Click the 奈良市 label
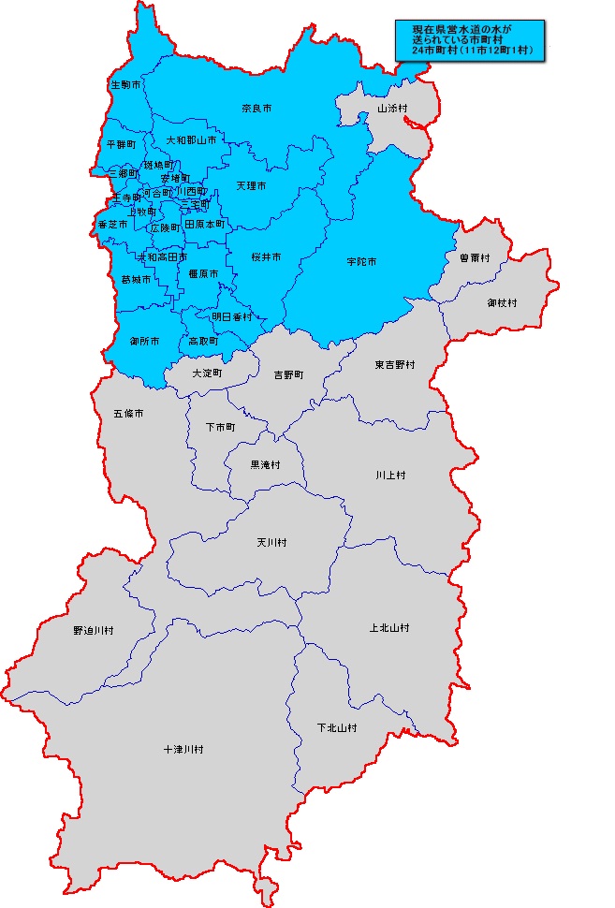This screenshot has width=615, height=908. pyautogui.click(x=256, y=110)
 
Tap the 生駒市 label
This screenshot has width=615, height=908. pyautogui.click(x=125, y=85)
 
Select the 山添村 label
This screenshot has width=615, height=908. pyautogui.click(x=392, y=109)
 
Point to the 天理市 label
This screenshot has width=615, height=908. pyautogui.click(x=251, y=186)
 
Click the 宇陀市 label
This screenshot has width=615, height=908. pyautogui.click(x=360, y=262)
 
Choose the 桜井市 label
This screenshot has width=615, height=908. pyautogui.click(x=266, y=256)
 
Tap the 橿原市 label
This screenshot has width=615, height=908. pyautogui.click(x=203, y=273)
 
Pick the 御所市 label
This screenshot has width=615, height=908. pyautogui.click(x=144, y=341)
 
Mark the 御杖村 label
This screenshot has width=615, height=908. pyautogui.click(x=502, y=302)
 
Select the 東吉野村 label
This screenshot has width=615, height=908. pyautogui.click(x=395, y=364)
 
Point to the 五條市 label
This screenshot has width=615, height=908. pyautogui.click(x=128, y=413)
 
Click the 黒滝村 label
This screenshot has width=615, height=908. pyautogui.click(x=265, y=464)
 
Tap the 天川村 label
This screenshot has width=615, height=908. pyautogui.click(x=271, y=542)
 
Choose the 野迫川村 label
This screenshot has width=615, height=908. pyautogui.click(x=93, y=631)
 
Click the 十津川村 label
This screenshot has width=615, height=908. pyautogui.click(x=183, y=750)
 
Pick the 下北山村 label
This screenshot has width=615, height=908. pyautogui.click(x=337, y=727)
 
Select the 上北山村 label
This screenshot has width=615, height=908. pyautogui.click(x=388, y=627)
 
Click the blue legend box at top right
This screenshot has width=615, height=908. pyautogui.click(x=471, y=42)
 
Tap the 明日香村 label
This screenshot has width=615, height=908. pyautogui.click(x=231, y=317)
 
